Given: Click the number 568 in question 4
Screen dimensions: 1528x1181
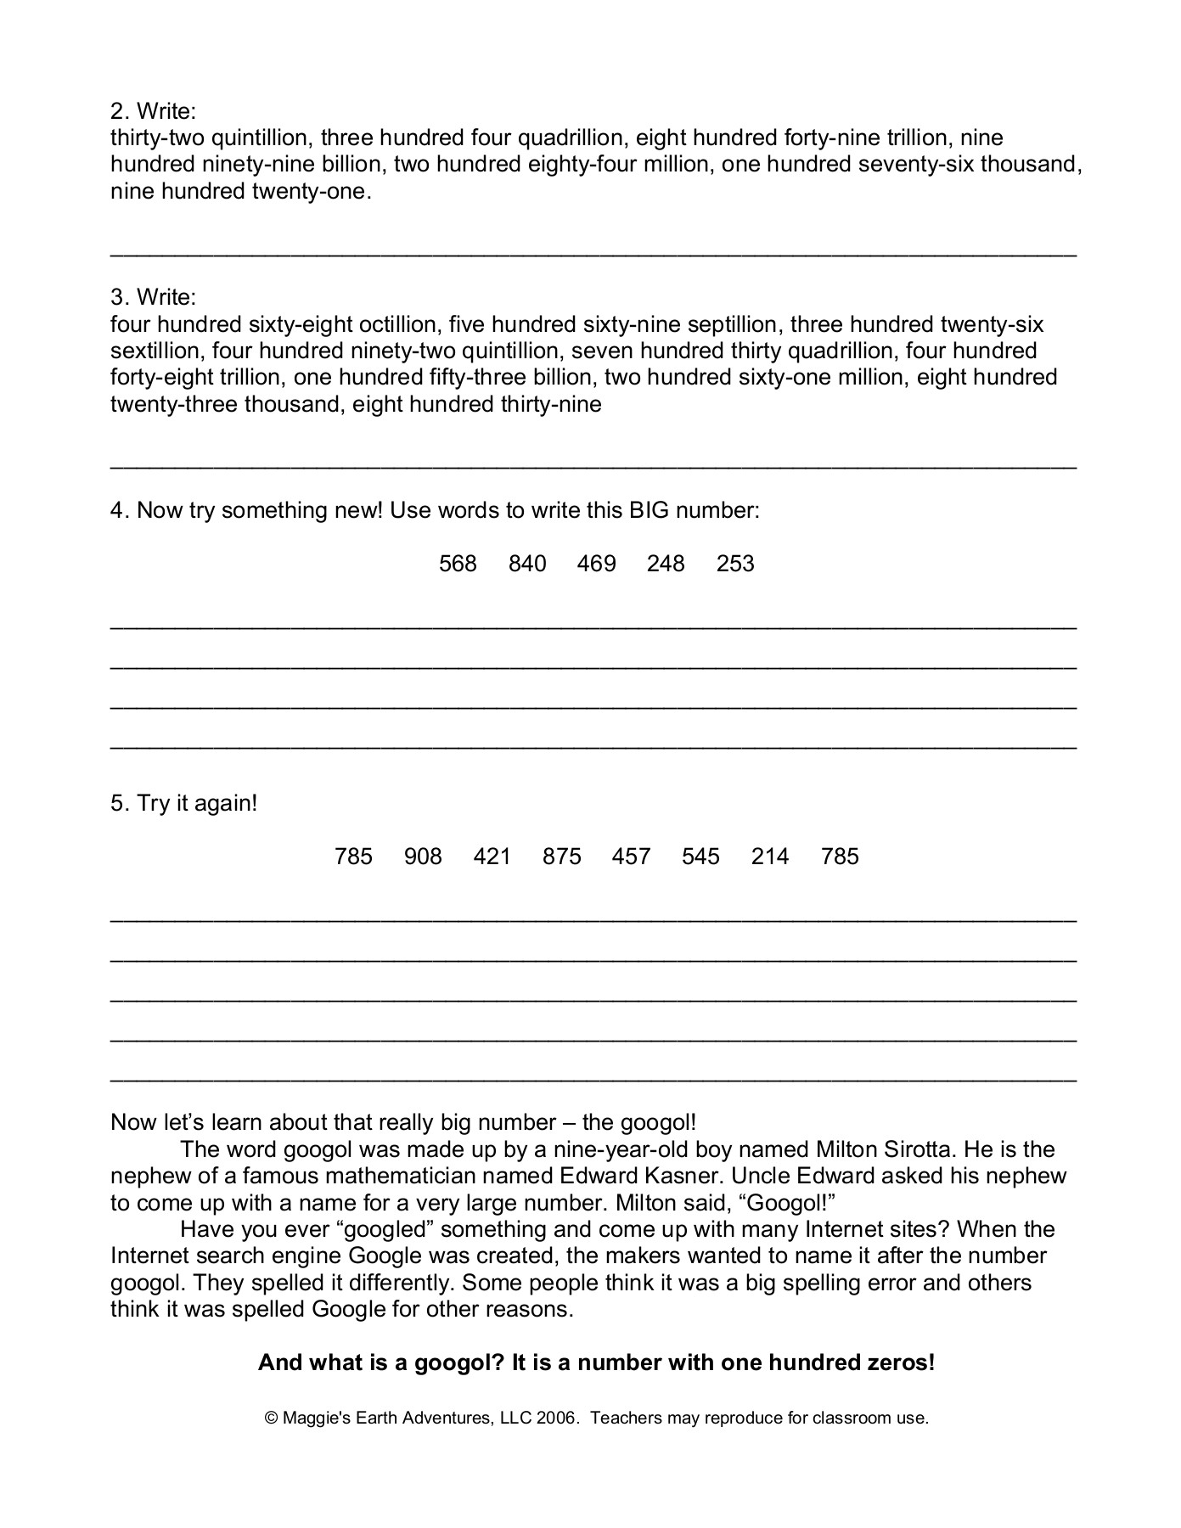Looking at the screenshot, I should pyautogui.click(x=458, y=564).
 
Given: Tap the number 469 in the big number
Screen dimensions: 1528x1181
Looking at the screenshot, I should pyautogui.click(x=596, y=564).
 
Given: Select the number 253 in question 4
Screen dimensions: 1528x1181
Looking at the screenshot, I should pyautogui.click(x=735, y=564).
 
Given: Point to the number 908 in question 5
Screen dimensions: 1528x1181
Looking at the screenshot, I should pyautogui.click(x=423, y=857).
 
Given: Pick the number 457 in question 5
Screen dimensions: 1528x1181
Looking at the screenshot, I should pyautogui.click(x=631, y=857).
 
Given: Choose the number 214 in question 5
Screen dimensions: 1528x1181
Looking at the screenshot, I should pyautogui.click(x=770, y=857).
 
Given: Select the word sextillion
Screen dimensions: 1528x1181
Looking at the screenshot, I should pyautogui.click(x=157, y=351).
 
